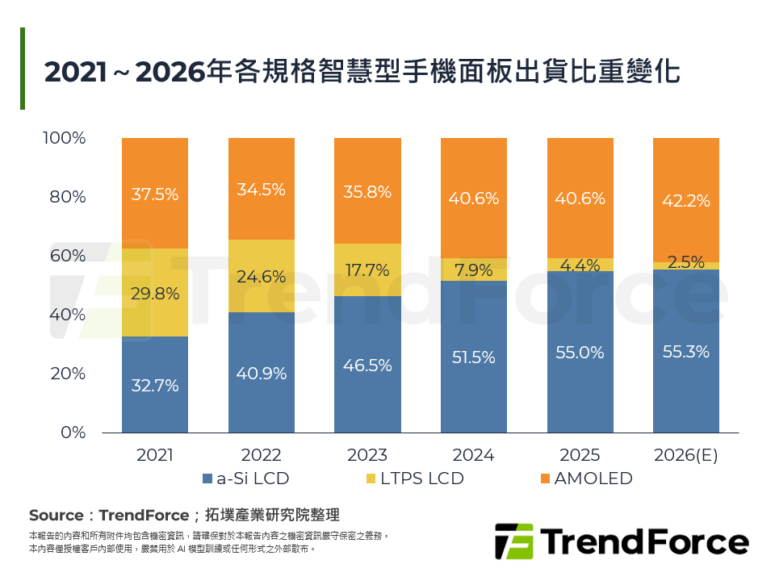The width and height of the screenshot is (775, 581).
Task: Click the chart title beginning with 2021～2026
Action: (x=362, y=72)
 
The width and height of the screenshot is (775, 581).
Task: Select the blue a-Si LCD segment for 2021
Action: (x=155, y=384)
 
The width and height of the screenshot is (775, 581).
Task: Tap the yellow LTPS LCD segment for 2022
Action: (x=262, y=276)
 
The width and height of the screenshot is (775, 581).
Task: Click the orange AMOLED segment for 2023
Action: (x=367, y=190)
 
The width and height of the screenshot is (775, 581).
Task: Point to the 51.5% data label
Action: (x=473, y=357)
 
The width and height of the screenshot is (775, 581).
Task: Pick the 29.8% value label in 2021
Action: (x=155, y=294)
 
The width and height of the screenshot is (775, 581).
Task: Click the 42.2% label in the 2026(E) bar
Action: (x=685, y=201)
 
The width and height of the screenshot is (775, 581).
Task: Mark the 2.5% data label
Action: (x=685, y=261)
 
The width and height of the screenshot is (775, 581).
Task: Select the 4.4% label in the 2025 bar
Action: (x=580, y=264)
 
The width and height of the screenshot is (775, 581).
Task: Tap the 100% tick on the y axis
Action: (x=64, y=138)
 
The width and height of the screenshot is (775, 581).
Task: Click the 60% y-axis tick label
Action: (x=68, y=256)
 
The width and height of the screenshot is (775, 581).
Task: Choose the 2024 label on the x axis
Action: (x=473, y=455)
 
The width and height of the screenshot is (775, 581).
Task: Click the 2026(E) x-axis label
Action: (x=685, y=455)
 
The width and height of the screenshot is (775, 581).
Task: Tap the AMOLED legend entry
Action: (x=585, y=479)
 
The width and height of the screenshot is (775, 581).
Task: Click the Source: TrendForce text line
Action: (x=184, y=515)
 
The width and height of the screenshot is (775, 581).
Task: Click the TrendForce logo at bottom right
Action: (x=621, y=541)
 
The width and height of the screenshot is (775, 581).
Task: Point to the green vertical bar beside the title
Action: (x=23, y=69)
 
